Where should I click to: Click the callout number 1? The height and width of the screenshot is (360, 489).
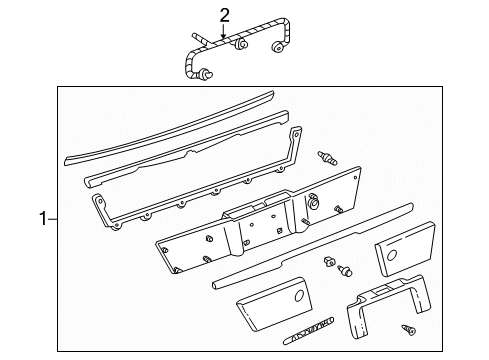point(41,215)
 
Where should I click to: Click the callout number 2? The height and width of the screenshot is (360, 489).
point(225,13)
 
